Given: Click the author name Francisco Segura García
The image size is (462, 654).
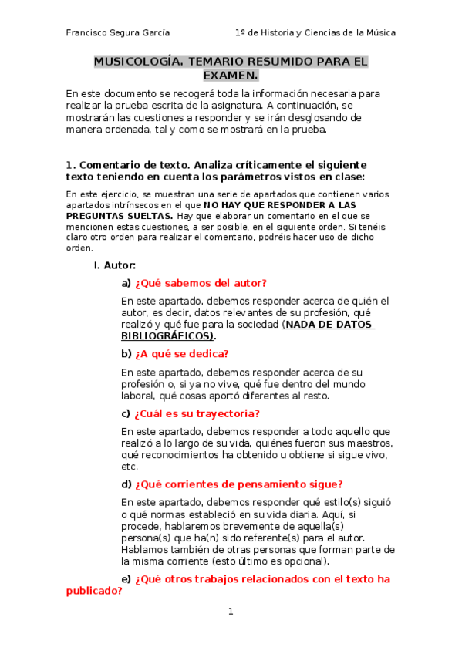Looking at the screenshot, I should pos(118,33).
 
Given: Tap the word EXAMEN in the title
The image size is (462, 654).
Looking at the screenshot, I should pos(229,75).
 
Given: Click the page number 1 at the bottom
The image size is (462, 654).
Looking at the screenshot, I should pos(230,612).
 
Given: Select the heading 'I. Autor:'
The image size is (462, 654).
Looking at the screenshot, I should pos(114,265).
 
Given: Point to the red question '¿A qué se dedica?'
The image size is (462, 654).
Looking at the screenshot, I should pos(181,354).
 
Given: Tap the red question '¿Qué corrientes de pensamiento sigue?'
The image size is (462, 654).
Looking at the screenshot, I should pos(238,484).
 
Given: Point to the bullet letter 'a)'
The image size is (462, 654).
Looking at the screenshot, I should pos(126,283).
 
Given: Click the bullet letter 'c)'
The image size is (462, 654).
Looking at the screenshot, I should pos(126,413).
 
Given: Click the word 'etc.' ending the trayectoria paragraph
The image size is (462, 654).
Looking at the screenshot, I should pos(130,467).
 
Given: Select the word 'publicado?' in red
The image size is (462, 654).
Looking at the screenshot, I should pos(95,592).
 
